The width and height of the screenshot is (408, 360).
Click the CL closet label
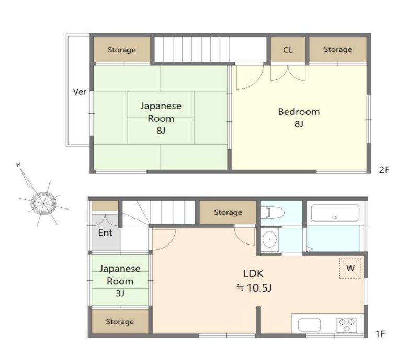[288, 50]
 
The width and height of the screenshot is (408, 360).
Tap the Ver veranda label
[80, 91]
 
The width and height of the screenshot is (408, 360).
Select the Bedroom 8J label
[299, 118]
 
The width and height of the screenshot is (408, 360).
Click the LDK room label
[253, 273]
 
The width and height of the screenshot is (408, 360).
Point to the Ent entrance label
[105, 233]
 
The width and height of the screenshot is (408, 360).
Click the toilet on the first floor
[273, 212]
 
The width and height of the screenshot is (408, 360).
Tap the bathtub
[335, 213]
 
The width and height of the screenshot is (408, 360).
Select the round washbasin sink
[269, 239]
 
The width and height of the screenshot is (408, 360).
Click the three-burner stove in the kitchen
[347, 325]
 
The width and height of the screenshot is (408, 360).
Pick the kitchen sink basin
[309, 325]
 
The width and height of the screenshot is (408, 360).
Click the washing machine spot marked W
[350, 268]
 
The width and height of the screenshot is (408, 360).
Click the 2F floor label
[384, 170]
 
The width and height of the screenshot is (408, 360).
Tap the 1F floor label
[380, 334]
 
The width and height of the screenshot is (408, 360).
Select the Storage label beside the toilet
[228, 212]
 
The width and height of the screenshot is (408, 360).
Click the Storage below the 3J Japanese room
[120, 321]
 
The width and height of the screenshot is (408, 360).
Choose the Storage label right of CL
[338, 49]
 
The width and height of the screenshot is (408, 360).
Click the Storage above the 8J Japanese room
[122, 50]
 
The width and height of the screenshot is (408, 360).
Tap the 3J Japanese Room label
[120, 281]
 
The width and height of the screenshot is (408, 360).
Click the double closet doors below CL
[288, 73]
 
